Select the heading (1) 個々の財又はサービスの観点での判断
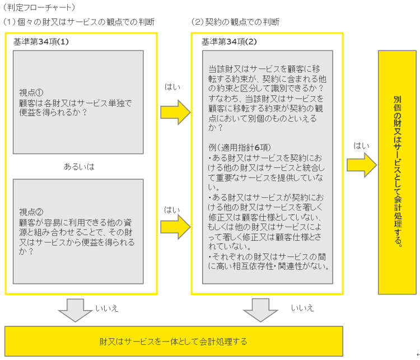(78, 22)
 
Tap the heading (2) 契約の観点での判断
(235, 22)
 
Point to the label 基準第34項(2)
(229, 41)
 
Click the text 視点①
(31, 92)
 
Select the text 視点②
(31, 212)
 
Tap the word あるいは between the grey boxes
(79, 166)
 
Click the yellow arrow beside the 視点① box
(175, 112)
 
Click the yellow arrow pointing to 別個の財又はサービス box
(361, 165)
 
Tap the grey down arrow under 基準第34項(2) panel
(261, 310)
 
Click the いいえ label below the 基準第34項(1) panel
(107, 308)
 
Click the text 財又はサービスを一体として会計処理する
(174, 340)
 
